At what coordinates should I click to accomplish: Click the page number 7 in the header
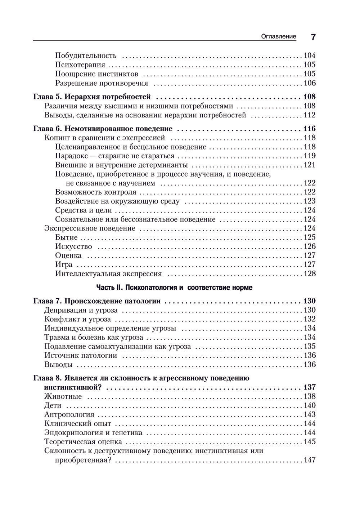point(313,37)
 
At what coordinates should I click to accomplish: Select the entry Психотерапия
point(80,65)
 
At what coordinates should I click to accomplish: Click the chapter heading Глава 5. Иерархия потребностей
point(92,97)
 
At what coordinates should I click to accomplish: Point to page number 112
point(310,115)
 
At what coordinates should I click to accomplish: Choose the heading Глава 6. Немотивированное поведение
point(103,129)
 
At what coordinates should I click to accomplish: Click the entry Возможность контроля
point(96,192)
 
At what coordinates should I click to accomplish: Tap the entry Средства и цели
point(84,210)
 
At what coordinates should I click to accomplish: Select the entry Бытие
point(67,237)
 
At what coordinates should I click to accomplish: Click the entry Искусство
point(74,246)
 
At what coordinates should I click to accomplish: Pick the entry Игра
point(64,264)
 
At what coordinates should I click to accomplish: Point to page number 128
point(310,274)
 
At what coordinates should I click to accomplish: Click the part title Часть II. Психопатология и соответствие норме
point(174,288)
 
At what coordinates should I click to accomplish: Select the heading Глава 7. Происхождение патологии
point(97,301)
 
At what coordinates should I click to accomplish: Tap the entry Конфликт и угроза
point(78,319)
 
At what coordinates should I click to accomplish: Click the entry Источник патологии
point(81,355)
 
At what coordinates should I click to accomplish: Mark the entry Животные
point(63,397)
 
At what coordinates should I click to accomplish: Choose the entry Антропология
point(69,415)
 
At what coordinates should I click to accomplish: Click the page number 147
point(310,460)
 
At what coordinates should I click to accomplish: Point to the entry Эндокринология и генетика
point(93,433)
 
